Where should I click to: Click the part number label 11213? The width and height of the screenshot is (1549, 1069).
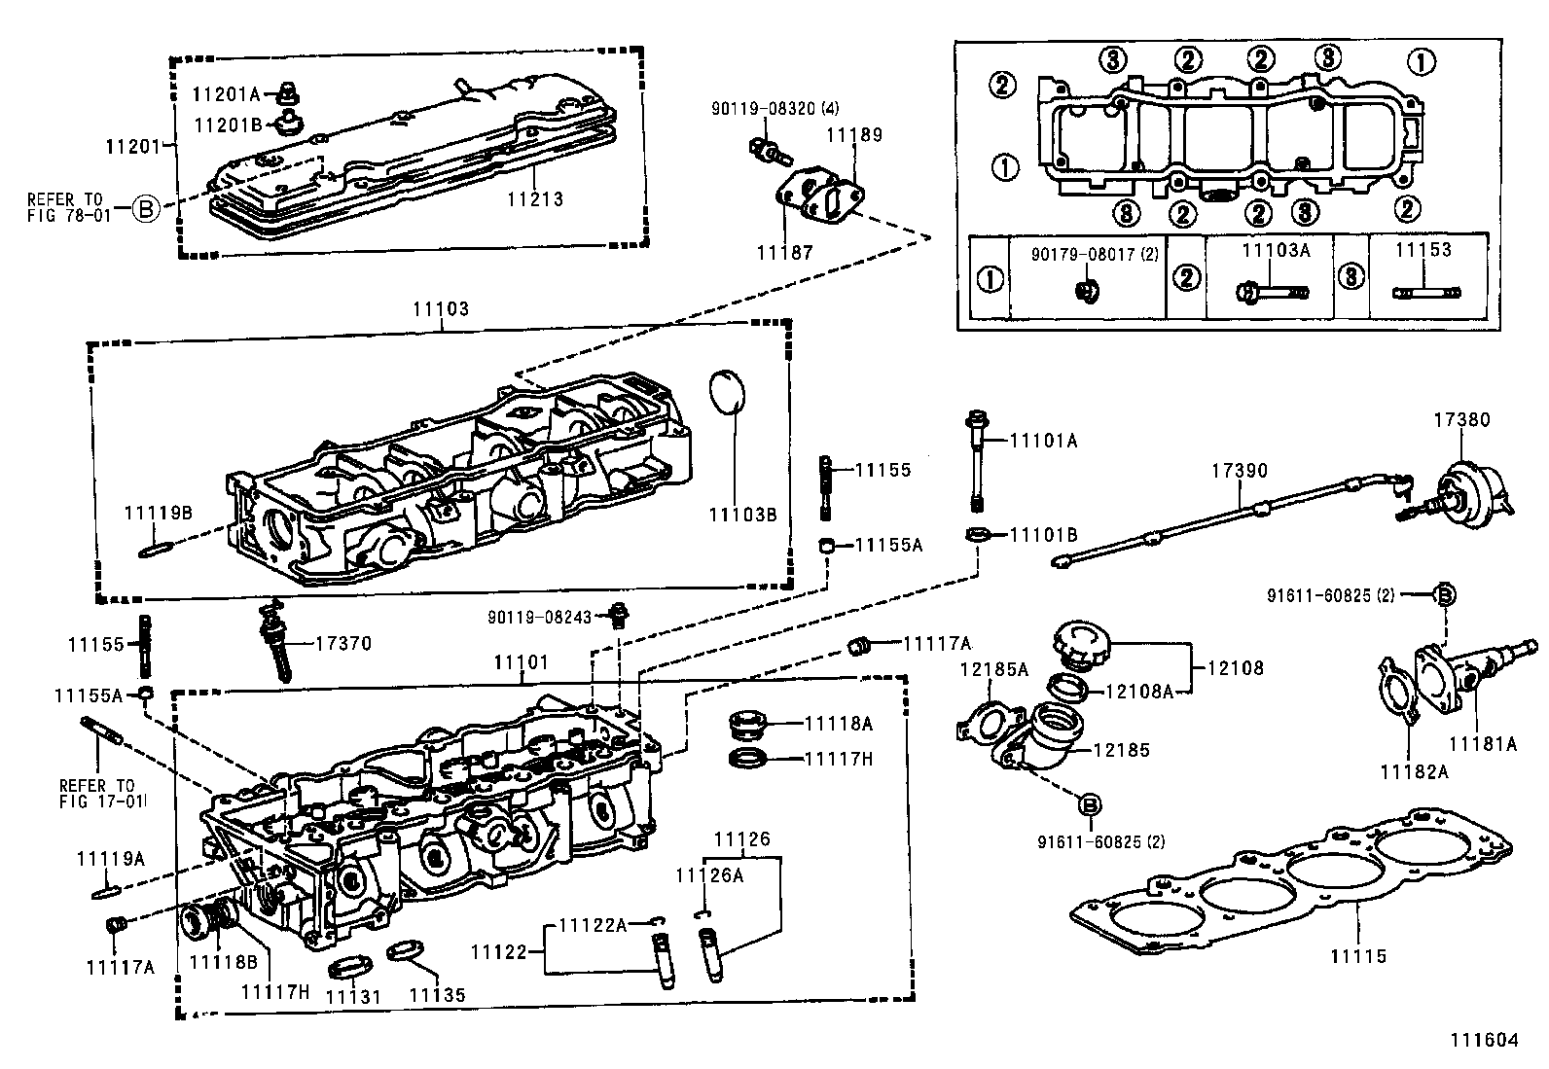pyautogui.click(x=535, y=199)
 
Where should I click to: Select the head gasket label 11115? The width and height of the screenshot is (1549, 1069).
pyautogui.click(x=1357, y=956)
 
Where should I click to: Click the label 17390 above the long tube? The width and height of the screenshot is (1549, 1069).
pyautogui.click(x=1240, y=471)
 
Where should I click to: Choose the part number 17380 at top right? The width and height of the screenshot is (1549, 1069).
pyautogui.click(x=1460, y=420)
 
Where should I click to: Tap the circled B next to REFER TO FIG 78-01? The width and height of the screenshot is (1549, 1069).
pyautogui.click(x=145, y=208)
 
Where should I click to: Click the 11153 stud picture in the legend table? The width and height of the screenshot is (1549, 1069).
pyautogui.click(x=1426, y=291)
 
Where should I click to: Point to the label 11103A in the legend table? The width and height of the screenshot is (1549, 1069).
pyautogui.click(x=1276, y=250)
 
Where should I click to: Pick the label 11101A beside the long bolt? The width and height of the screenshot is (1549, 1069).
pyautogui.click(x=1044, y=441)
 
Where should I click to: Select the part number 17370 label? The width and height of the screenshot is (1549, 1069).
pyautogui.click(x=342, y=643)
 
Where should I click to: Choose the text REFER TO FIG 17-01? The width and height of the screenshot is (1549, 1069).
pyautogui.click(x=97, y=793)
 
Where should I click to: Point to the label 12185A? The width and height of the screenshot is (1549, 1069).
pyautogui.click(x=993, y=668)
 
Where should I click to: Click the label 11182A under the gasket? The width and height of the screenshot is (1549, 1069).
pyautogui.click(x=1414, y=771)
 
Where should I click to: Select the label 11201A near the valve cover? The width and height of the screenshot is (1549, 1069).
pyautogui.click(x=226, y=94)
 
